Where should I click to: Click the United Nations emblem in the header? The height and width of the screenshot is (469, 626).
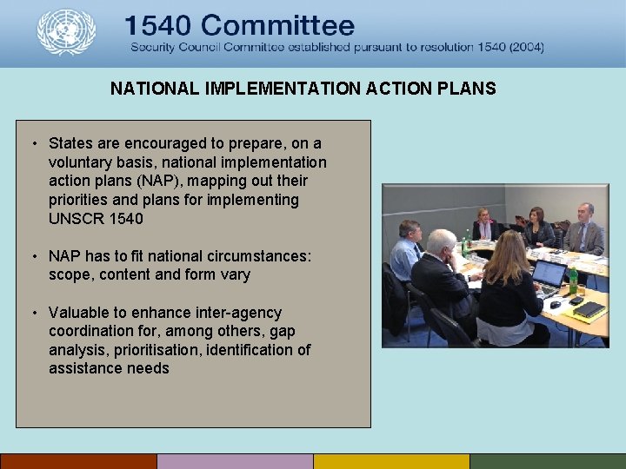pyautogui.click(x=66, y=32)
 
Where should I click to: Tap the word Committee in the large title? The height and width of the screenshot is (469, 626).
pyautogui.click(x=287, y=25)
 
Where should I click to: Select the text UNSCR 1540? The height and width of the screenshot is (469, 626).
pyautogui.click(x=96, y=218)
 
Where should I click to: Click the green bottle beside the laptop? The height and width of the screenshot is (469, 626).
pyautogui.click(x=573, y=281)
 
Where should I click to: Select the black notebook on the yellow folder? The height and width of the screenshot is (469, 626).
pyautogui.click(x=589, y=308)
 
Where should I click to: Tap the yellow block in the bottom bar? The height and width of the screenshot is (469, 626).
pyautogui.click(x=391, y=461)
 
